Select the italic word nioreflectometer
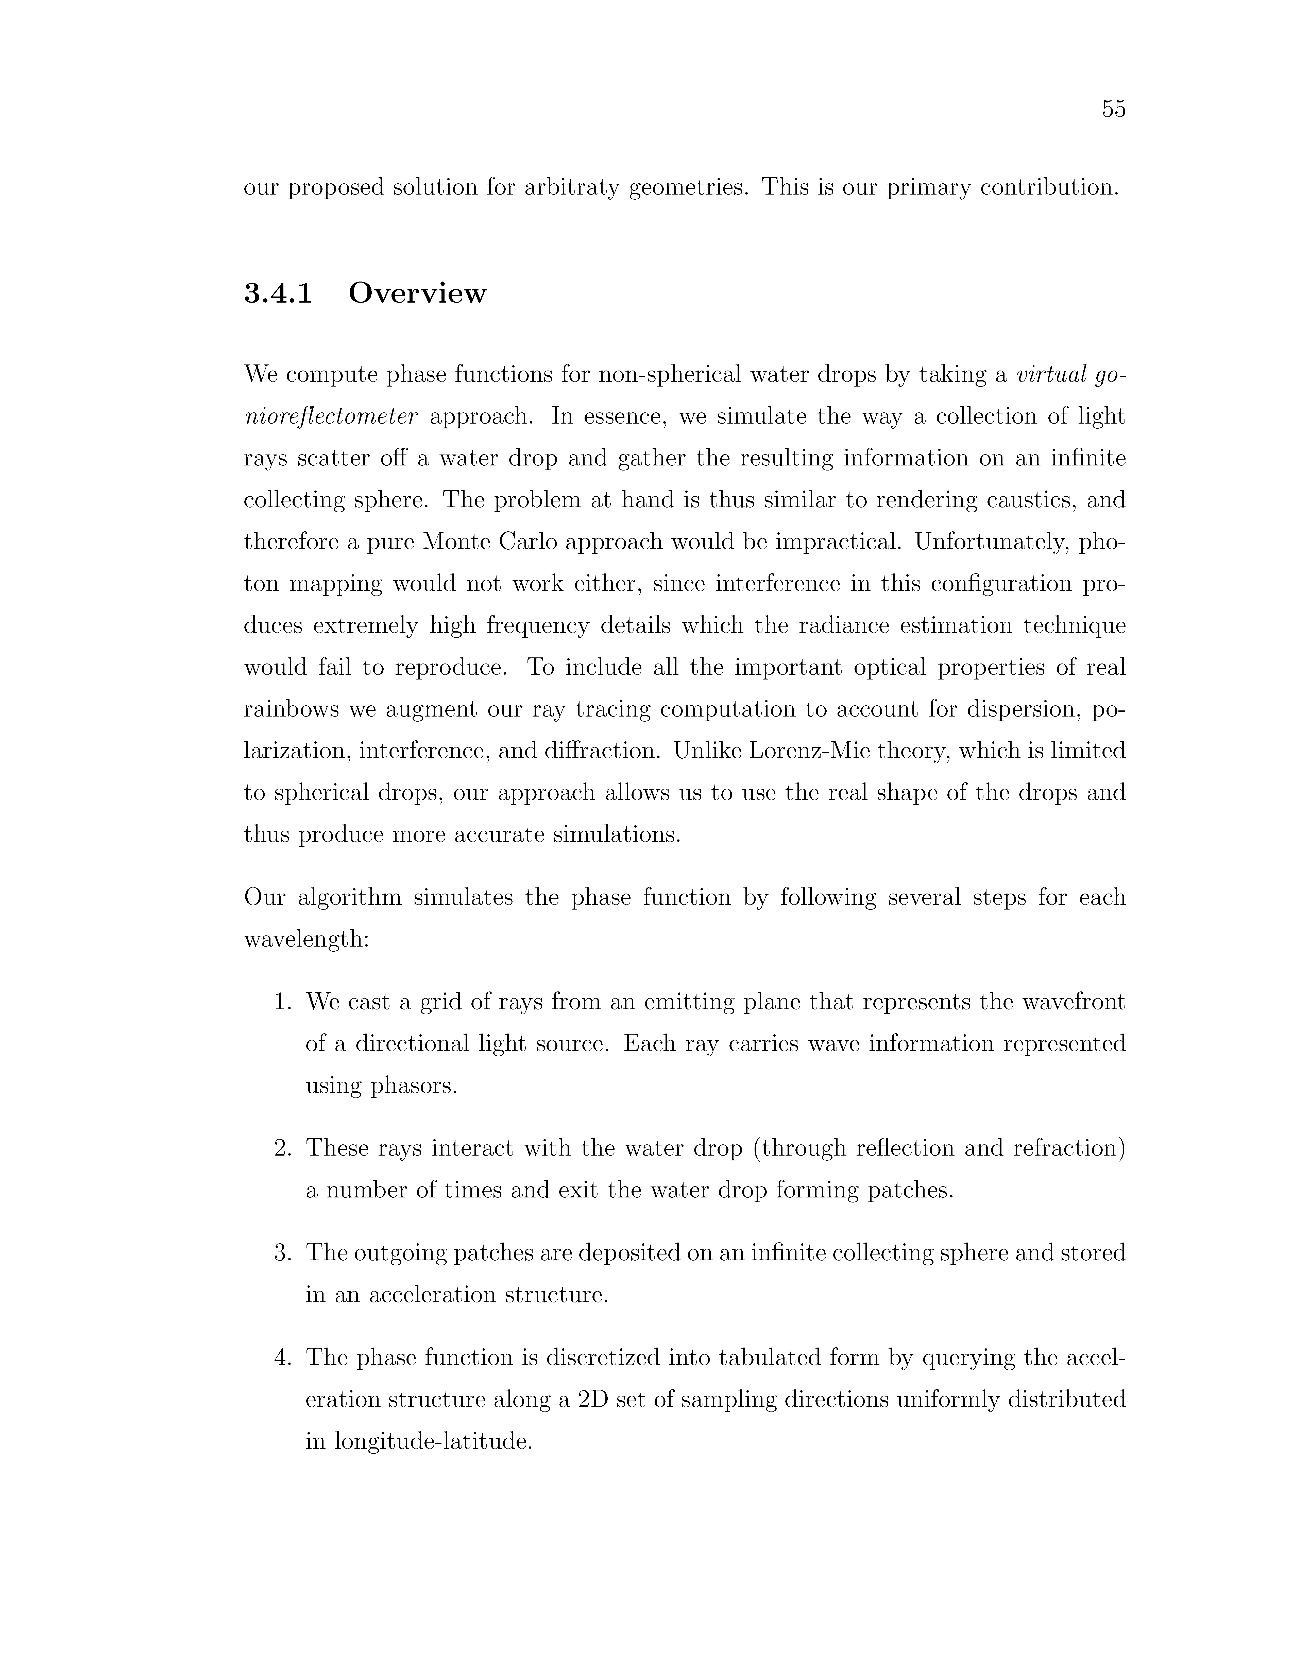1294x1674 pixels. pyautogui.click(x=330, y=416)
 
